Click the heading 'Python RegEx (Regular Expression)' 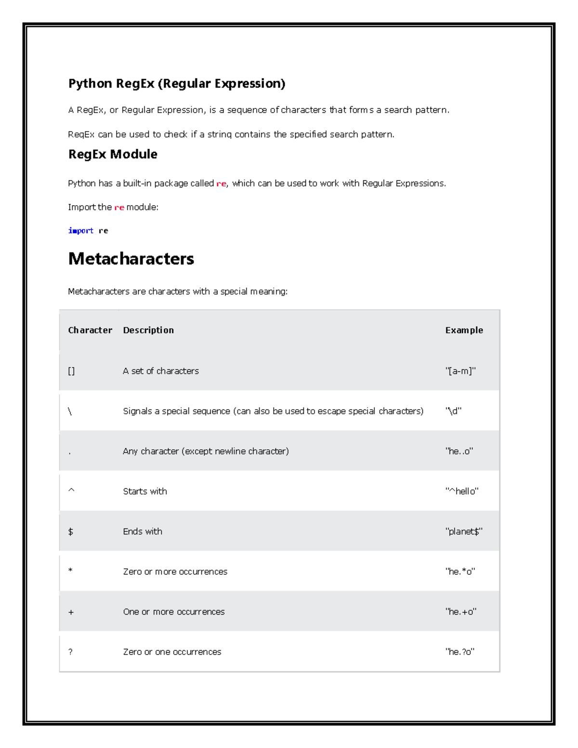click(x=176, y=84)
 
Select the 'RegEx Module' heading click(x=113, y=154)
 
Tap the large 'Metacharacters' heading click(x=131, y=259)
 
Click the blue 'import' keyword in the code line click(x=81, y=231)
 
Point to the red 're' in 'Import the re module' click(x=119, y=208)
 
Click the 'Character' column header click(x=90, y=330)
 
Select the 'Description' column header click(x=148, y=330)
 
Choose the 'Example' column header click(x=464, y=330)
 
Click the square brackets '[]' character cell click(x=71, y=371)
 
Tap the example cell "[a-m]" click(x=460, y=371)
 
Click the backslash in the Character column click(x=70, y=411)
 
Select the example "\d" click(x=453, y=411)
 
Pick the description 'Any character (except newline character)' click(x=206, y=451)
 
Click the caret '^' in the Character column click(x=71, y=490)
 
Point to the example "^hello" click(x=462, y=491)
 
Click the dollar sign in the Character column click(x=71, y=531)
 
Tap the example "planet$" click(x=464, y=531)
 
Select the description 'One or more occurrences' click(x=174, y=612)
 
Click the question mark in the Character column click(x=70, y=652)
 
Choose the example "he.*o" click(x=460, y=572)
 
